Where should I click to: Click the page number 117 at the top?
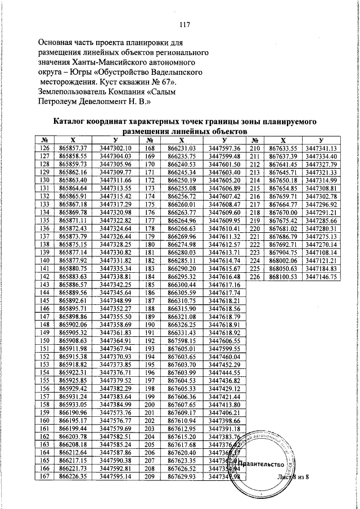click(x=182, y=25)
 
